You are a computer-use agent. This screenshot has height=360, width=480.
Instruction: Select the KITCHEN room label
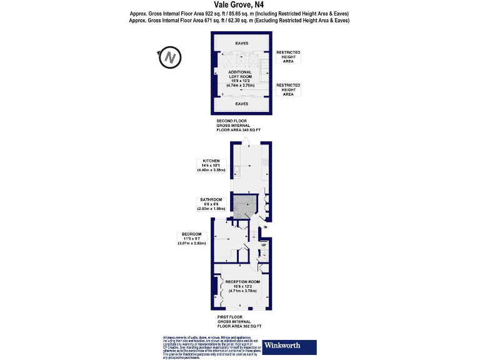(207, 161)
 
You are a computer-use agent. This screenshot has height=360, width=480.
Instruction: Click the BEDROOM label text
(191, 234)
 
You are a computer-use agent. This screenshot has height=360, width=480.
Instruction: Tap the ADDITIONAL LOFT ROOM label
(240, 74)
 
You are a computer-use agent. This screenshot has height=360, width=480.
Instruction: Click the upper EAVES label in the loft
(241, 43)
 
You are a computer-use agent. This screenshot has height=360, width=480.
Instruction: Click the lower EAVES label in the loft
(241, 104)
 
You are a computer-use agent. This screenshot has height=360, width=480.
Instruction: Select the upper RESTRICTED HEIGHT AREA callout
(288, 57)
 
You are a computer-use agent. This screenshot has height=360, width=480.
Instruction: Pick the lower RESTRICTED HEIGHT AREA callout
(288, 89)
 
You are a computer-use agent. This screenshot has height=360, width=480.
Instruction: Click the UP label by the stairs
(264, 246)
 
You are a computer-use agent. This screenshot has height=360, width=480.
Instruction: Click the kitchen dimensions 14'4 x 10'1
(207, 166)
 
